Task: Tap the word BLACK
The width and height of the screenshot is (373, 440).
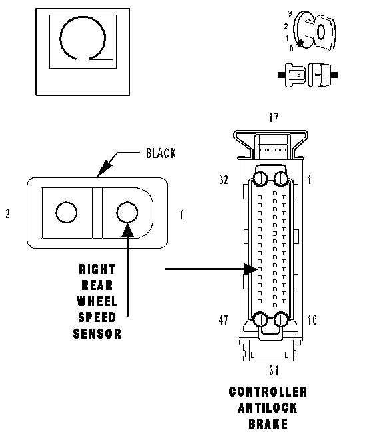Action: tap(161, 153)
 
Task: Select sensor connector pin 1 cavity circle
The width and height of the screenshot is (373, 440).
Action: tap(127, 213)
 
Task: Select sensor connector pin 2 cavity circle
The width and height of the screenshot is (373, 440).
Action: tap(67, 213)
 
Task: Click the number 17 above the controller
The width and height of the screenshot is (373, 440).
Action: tap(274, 117)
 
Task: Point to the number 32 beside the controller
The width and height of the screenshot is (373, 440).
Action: tap(224, 179)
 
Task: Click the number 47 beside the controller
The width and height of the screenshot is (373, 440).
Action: tap(224, 319)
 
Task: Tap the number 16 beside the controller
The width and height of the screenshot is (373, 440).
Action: tap(312, 319)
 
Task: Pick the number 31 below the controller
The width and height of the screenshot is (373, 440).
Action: tap(274, 371)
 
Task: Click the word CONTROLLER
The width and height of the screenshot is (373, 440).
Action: tap(268, 392)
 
